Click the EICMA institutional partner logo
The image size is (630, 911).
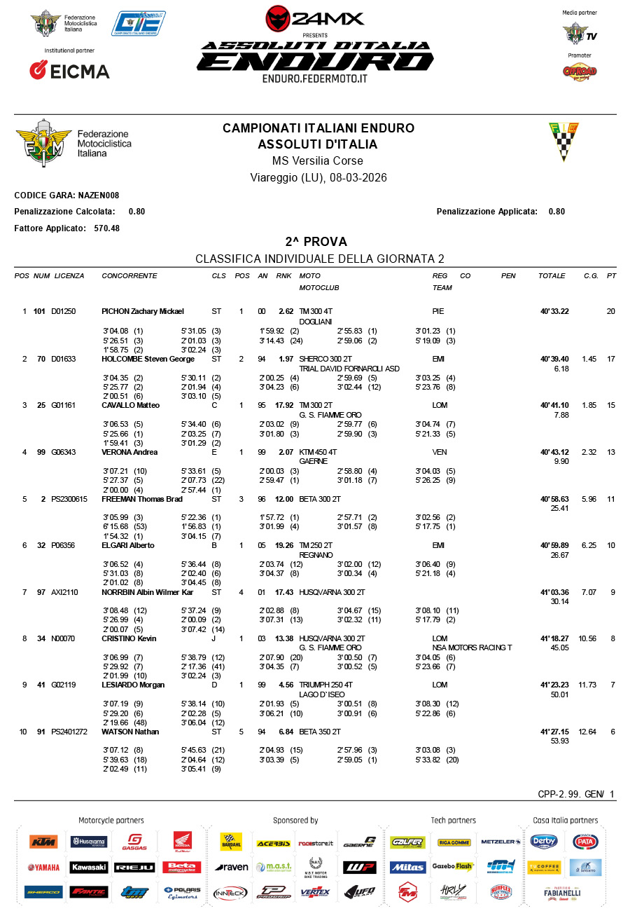pos(69,71)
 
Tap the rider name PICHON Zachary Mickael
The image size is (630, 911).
pos(142,311)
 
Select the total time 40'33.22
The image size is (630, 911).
pos(554,311)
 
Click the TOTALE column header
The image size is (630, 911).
pos(552,276)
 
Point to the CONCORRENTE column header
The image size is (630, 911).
pos(129,276)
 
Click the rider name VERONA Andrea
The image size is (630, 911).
pos(128,452)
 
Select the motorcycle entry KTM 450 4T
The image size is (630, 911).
pos(318,452)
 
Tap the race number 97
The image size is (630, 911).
pos(41,592)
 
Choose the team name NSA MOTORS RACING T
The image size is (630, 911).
pos(472,648)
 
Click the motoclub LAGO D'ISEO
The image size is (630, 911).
pos(319,694)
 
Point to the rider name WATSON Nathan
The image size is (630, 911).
pos(130,732)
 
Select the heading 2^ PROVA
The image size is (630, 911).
pos(316,242)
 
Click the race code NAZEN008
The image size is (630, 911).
pos(98,196)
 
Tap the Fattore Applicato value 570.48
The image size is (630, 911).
pos(108,228)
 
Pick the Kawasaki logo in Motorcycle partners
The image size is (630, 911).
pos(89,868)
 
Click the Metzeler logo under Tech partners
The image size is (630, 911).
pos(500,842)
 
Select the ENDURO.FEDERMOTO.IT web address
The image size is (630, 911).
pos(315,78)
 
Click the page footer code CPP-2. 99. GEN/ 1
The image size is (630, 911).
pos(576,794)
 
